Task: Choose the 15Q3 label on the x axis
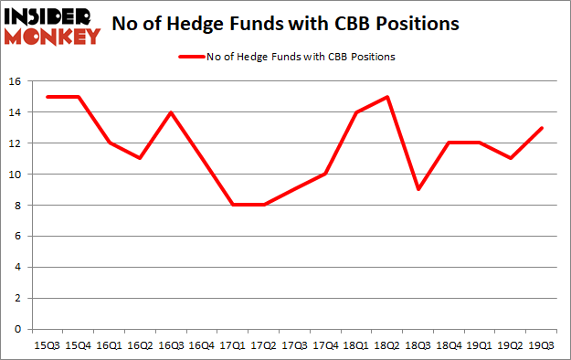pos(49,346)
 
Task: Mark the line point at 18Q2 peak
pos(386,97)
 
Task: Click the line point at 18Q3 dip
pos(417,189)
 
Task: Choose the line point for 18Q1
pos(356,112)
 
